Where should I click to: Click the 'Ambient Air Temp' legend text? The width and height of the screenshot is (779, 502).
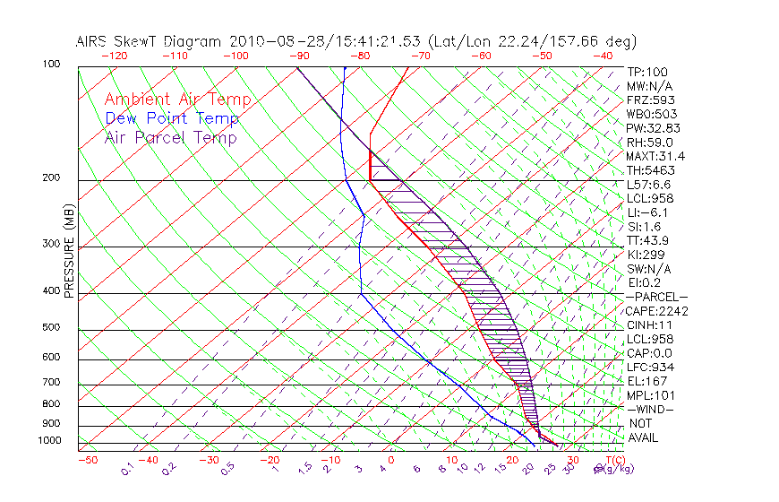tap(177, 100)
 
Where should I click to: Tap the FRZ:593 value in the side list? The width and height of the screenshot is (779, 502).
tap(651, 100)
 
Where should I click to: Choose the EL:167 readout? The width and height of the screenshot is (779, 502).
tap(647, 381)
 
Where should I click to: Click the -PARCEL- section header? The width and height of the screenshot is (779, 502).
tap(657, 297)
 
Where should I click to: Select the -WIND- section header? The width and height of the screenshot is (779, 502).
tap(651, 409)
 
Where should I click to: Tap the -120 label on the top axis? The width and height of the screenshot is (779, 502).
tap(114, 55)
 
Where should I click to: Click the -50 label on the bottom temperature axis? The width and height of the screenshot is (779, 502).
tap(87, 460)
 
